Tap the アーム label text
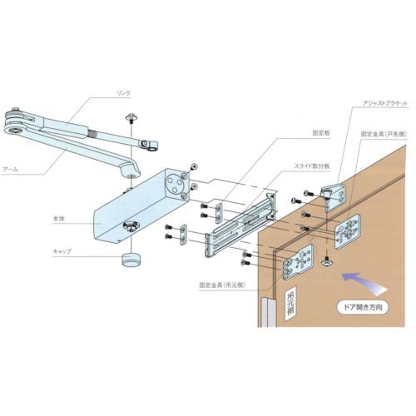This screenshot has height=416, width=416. [x=34, y=169]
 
